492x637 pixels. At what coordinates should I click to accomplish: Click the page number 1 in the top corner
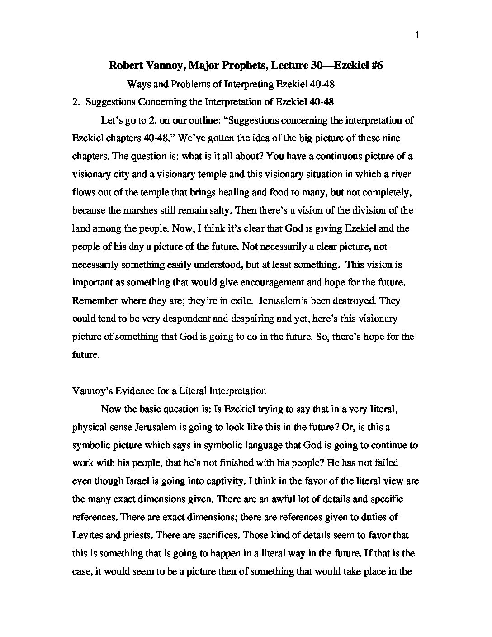[417, 35]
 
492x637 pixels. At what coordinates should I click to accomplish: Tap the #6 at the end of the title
[374, 66]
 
